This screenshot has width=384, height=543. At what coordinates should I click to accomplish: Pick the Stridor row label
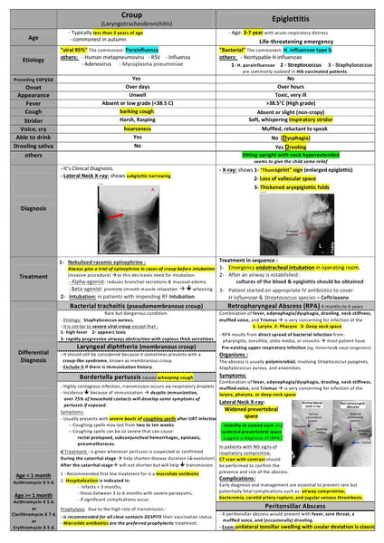(x=34, y=119)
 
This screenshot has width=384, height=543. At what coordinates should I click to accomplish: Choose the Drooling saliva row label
(x=34, y=145)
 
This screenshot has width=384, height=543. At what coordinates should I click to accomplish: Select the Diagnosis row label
(x=34, y=207)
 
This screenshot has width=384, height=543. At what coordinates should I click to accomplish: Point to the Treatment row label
(x=34, y=277)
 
